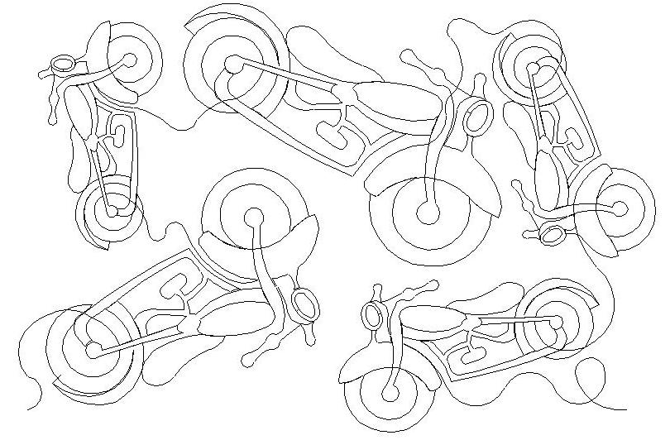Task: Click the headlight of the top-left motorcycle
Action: [x=63, y=63]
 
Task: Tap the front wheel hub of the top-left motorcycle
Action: [x=129, y=60]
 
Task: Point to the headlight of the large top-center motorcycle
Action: [x=475, y=117]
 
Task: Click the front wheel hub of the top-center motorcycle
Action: [x=427, y=213]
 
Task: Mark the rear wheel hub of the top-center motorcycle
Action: [x=232, y=62]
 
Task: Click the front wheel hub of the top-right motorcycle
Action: [x=620, y=209]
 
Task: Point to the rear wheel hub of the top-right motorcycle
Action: [x=534, y=66]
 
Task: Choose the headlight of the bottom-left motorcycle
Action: [x=305, y=305]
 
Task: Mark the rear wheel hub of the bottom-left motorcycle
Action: [x=93, y=347]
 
